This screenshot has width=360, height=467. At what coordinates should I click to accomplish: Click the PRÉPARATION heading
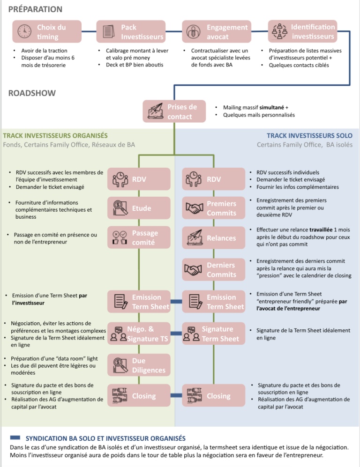[35, 9]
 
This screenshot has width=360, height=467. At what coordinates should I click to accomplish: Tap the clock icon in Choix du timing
[24, 31]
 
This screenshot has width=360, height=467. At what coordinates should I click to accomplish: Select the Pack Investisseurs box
[131, 31]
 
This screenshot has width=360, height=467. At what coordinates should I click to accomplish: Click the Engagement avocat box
[217, 31]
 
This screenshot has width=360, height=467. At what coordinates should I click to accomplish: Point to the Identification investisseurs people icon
[279, 31]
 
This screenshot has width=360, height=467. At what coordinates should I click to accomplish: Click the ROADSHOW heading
[32, 93]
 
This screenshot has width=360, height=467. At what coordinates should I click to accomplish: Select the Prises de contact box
[174, 111]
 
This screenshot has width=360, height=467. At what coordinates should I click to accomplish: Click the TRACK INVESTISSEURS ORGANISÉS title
[55, 136]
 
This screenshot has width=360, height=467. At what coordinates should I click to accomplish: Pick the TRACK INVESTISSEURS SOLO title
[310, 136]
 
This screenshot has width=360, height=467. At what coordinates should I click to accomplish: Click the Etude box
[139, 208]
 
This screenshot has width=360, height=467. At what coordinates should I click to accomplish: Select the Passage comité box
[139, 237]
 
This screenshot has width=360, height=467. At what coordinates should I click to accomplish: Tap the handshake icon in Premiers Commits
[195, 208]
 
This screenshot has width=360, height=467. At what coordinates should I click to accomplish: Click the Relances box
[214, 237]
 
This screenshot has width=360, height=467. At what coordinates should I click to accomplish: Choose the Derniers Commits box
[214, 269]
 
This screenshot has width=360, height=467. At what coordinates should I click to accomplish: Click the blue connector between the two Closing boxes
[176, 395]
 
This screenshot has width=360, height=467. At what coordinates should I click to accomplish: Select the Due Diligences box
[139, 365]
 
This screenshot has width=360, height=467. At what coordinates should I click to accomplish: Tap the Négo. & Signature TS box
[139, 334]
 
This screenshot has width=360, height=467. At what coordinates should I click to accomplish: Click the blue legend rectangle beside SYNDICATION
[15, 437]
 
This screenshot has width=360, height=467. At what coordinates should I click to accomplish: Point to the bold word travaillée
[321, 230]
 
